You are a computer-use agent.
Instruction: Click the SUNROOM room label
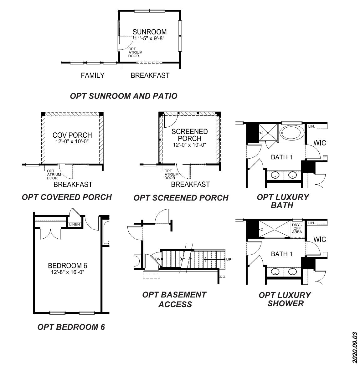[x=150, y=32]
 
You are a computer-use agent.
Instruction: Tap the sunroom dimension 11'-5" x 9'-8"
[x=150, y=38]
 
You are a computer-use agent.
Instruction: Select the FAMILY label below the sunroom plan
[x=92, y=75]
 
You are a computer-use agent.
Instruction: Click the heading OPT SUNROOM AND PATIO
[x=124, y=96]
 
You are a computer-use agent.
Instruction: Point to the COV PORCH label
[x=72, y=135]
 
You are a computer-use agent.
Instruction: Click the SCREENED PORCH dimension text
[x=189, y=145]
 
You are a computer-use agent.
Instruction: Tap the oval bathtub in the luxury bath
[x=291, y=133]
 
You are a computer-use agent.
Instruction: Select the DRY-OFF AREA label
[x=297, y=229]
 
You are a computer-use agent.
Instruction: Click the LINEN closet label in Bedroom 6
[x=75, y=225]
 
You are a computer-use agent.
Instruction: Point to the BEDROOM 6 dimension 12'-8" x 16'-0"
[x=68, y=272]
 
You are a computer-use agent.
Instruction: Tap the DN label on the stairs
[x=157, y=259]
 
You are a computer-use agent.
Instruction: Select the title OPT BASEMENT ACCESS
[x=174, y=299]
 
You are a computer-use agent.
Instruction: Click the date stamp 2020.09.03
[x=355, y=347]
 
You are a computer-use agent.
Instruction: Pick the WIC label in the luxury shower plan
[x=320, y=240]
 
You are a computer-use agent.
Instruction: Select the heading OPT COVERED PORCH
[x=67, y=197]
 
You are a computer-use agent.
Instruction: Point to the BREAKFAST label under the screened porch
[x=190, y=185]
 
